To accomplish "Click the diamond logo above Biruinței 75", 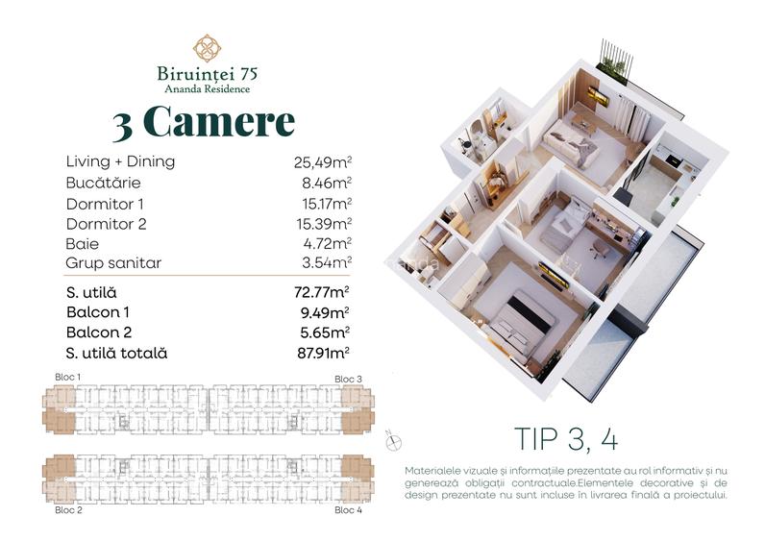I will tap(208, 47).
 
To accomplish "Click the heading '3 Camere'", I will tap(204, 122).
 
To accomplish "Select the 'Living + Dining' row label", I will tap(120, 161).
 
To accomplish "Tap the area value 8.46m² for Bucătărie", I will tap(324, 183).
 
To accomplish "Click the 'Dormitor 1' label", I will tap(105, 204).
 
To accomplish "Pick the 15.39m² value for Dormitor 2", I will tap(324, 224).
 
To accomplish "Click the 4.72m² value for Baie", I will tap(326, 244).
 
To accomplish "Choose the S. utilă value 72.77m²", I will tap(321, 292).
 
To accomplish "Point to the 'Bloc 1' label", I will tap(68, 376).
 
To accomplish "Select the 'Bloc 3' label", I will tap(348, 380).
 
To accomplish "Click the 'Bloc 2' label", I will tap(68, 509).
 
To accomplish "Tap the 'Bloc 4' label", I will tap(348, 509).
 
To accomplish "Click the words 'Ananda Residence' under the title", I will tap(208, 89).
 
